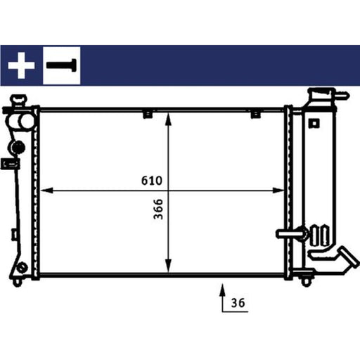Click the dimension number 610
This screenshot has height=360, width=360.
tap(152, 181)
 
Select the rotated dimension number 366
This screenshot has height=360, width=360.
tap(158, 209)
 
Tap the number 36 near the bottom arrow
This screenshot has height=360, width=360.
tap(238, 303)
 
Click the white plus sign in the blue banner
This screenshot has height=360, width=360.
tap(21, 65)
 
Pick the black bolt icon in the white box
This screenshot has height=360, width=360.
tap(61, 65)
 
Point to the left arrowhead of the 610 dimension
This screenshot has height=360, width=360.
tap(46, 191)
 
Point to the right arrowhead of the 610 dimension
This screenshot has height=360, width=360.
tap(278, 191)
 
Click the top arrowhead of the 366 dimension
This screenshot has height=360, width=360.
tap(168, 119)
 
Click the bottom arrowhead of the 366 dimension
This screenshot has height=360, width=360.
tap(168, 266)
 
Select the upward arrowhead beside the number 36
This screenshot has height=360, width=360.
tap(223, 290)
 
